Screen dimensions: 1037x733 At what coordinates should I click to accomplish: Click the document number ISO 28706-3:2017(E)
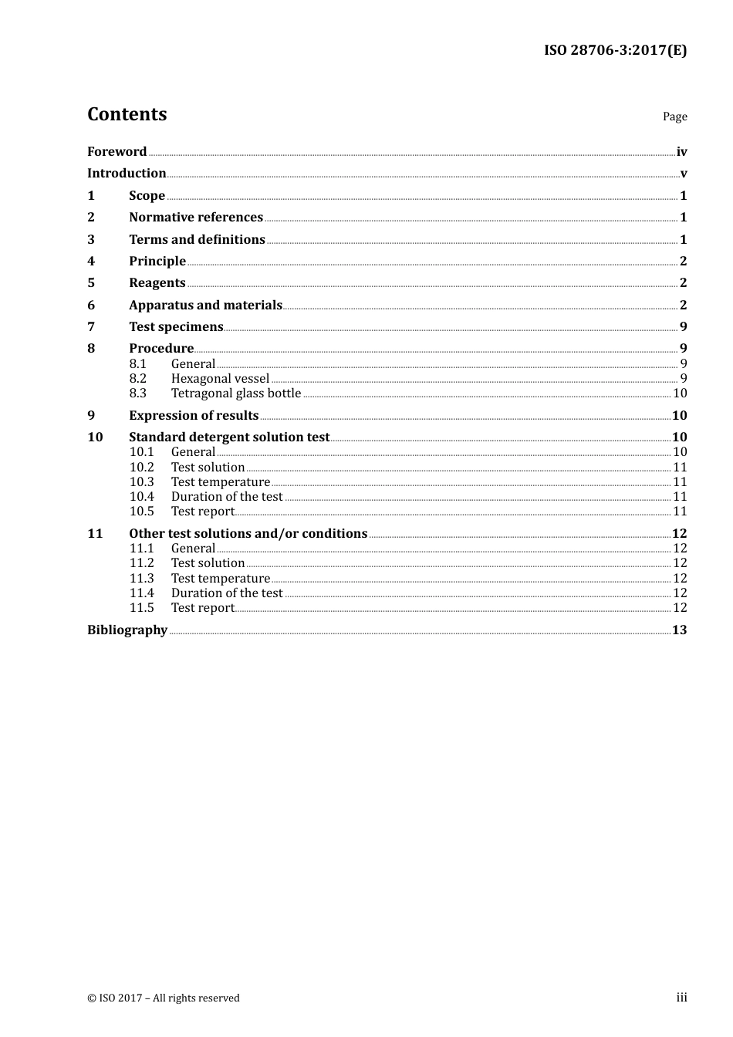[615, 51]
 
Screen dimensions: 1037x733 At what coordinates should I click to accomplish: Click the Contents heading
[127, 114]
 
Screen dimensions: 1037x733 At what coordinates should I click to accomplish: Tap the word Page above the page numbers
[674, 117]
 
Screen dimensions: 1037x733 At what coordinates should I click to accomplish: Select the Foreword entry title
[117, 152]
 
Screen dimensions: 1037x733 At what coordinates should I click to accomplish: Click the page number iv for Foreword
[681, 152]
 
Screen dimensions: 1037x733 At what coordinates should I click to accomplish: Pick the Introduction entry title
[127, 174]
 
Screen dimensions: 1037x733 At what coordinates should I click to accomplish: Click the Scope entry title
[147, 196]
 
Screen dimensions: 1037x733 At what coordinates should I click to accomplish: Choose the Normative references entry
[196, 218]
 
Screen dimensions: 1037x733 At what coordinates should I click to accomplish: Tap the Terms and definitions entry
[197, 240]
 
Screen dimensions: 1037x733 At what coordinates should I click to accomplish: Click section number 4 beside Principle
[91, 262]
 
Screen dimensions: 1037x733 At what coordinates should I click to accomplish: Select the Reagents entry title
[157, 283]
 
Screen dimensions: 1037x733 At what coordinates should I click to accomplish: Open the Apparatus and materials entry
[205, 306]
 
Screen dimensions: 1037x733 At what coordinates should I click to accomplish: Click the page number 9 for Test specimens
[683, 327]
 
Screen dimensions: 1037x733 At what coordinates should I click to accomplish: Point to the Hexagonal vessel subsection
[220, 379]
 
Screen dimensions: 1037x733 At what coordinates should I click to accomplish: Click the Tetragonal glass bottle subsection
[236, 394]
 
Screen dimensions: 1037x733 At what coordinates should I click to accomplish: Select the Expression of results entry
[194, 416]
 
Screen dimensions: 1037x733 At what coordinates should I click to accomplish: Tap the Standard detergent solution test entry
[229, 437]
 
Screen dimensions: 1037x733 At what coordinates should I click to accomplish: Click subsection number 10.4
[141, 497]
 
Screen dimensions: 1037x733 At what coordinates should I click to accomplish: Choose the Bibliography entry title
[127, 630]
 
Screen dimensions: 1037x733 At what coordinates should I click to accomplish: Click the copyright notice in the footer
[164, 998]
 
